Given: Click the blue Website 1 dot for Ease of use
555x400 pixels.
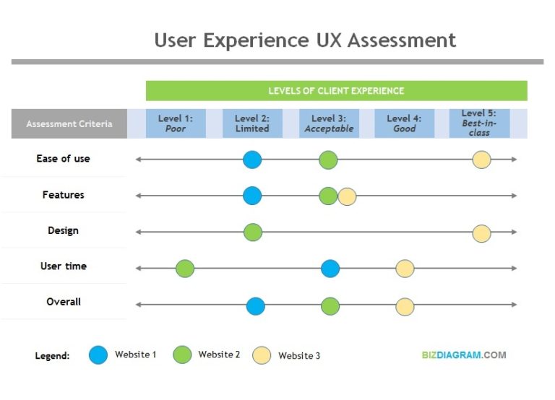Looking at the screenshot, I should [252, 160].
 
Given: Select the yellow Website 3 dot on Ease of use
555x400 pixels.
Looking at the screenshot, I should [481, 160].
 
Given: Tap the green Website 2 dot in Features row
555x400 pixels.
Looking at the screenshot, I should [328, 196].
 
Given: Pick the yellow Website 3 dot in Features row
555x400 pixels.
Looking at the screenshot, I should [347, 196].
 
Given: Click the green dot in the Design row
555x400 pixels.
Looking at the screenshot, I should [252, 232].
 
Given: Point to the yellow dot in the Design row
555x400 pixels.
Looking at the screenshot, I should [481, 233].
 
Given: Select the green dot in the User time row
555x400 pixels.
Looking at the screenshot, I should [185, 269].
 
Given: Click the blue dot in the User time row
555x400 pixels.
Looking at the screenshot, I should [330, 269].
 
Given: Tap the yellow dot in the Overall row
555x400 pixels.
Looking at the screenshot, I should [405, 306].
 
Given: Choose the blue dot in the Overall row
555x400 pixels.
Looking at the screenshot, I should [255, 306].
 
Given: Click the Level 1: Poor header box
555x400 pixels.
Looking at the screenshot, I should [176, 123].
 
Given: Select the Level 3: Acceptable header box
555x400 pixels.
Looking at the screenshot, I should [329, 123].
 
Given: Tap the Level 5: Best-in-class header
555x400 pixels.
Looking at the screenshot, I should [478, 123].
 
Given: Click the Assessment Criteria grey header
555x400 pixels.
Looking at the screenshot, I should [69, 123].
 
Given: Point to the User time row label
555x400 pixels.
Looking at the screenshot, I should [64, 266].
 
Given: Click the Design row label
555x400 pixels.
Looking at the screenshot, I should [63, 230].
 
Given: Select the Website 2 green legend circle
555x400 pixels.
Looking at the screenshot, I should [182, 355].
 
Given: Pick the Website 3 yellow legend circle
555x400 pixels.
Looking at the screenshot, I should [262, 355].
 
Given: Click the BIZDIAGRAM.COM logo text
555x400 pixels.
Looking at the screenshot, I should [464, 355].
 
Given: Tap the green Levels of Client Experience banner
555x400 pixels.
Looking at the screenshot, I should [336, 91].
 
